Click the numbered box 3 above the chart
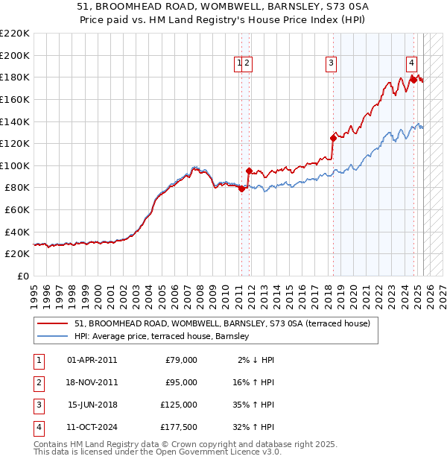(331, 64)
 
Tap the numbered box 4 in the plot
(411, 64)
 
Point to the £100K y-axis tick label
(16, 165)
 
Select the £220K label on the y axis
(16, 34)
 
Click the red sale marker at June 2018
(332, 137)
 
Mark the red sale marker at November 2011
(249, 171)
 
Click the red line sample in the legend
(53, 323)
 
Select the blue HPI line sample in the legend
(53, 337)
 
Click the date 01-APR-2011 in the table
(92, 360)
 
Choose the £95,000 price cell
(181, 382)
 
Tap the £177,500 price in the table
(179, 427)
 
